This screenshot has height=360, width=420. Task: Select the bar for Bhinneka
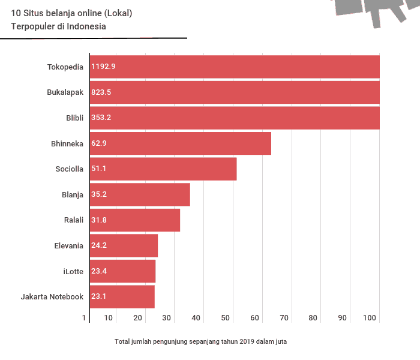pyautogui.click(x=180, y=143)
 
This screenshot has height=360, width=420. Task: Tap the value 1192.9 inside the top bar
pyautogui.click(x=103, y=67)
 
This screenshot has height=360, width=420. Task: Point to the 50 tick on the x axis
pyautogui.click(x=226, y=318)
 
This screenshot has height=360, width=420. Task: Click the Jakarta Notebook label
pyautogui.click(x=52, y=297)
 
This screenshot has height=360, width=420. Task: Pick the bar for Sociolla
pyautogui.click(x=163, y=169)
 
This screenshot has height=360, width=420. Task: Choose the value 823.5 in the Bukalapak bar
pyautogui.click(x=101, y=92)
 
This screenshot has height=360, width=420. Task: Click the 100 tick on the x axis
pyautogui.click(x=370, y=318)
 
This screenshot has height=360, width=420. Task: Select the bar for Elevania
pyautogui.click(x=124, y=245)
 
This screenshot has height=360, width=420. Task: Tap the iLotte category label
pyautogui.click(x=73, y=271)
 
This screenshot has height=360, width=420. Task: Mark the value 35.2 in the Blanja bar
pyautogui.click(x=99, y=194)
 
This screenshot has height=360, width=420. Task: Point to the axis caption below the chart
pyautogui.click(x=200, y=342)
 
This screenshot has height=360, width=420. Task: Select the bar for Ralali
pyautogui.click(x=135, y=220)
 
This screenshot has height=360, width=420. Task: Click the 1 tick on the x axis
pyautogui.click(x=85, y=318)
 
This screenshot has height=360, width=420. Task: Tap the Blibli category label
pyautogui.click(x=74, y=118)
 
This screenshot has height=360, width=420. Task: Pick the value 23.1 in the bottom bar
pyautogui.click(x=99, y=296)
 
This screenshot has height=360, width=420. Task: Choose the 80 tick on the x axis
pyautogui.click(x=313, y=318)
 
